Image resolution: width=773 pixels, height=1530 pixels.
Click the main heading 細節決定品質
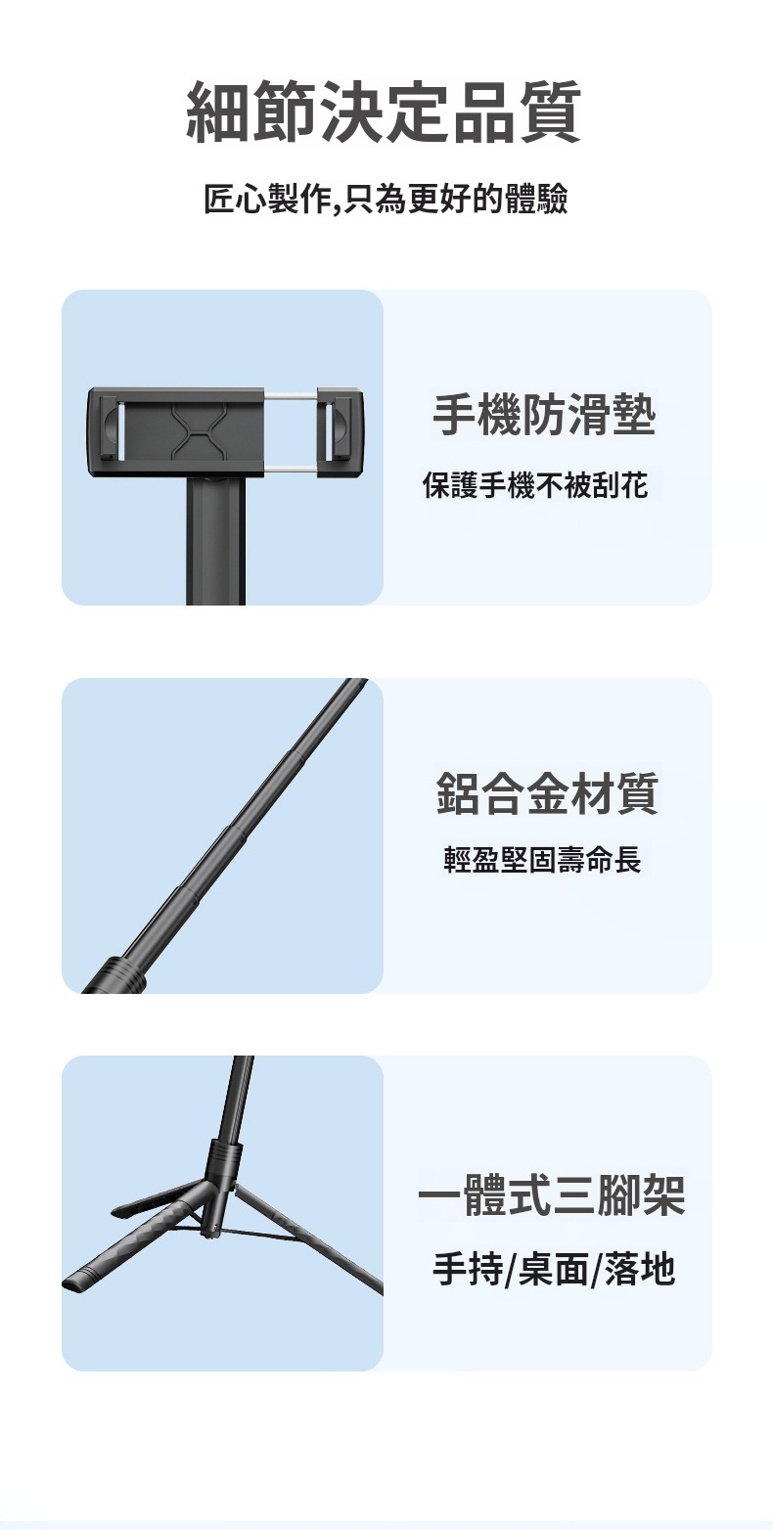pyautogui.click(x=385, y=112)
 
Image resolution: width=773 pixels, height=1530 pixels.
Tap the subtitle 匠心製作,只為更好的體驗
pyautogui.click(x=386, y=200)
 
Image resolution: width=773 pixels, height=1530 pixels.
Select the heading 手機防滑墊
pyautogui.click(x=545, y=416)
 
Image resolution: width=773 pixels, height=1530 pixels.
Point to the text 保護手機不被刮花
pyautogui.click(x=535, y=485)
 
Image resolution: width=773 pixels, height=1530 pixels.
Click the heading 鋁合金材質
pyautogui.click(x=547, y=793)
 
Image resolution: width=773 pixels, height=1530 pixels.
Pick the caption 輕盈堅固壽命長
pyautogui.click(x=543, y=859)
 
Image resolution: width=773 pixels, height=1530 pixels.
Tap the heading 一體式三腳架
pyautogui.click(x=552, y=1194)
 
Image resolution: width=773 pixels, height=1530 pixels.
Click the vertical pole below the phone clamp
pyautogui.click(x=215, y=541)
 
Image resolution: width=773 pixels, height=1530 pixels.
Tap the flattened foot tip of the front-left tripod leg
pyautogui.click(x=76, y=1280)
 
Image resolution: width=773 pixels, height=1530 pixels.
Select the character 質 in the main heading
pyautogui.click(x=550, y=112)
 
